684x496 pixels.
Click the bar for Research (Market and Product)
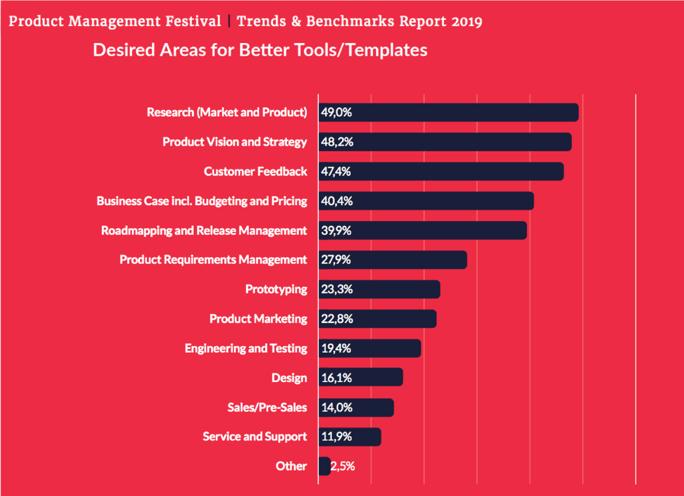click(448, 112)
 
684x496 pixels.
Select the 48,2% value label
click(337, 142)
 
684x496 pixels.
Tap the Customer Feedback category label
click(255, 172)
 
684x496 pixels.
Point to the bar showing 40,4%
click(426, 201)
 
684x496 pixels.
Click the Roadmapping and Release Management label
click(204, 231)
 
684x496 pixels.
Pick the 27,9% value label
click(337, 260)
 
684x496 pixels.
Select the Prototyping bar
click(379, 289)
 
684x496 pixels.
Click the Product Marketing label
click(258, 319)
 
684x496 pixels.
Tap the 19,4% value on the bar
click(336, 348)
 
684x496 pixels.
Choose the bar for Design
click(360, 378)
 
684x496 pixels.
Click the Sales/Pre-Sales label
click(267, 407)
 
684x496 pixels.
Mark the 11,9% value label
click(336, 436)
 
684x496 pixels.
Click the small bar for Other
click(324, 466)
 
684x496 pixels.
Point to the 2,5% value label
click(343, 466)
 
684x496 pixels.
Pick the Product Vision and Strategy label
click(234, 142)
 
